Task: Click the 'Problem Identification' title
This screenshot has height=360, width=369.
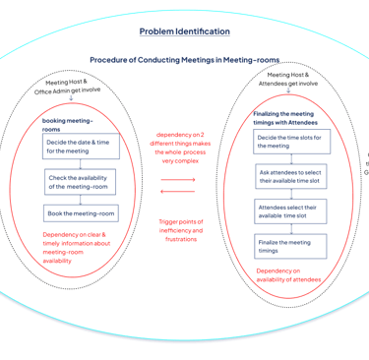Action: pyautogui.click(x=185, y=31)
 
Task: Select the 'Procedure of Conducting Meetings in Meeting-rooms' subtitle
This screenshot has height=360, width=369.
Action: pyautogui.click(x=185, y=60)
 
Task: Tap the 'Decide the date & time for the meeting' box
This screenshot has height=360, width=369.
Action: pyautogui.click(x=81, y=147)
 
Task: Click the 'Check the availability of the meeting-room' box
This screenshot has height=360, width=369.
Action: pyautogui.click(x=81, y=182)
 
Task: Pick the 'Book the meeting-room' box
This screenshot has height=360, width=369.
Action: pyautogui.click(x=81, y=213)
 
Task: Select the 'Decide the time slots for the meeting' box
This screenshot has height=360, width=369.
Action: pyautogui.click(x=291, y=142)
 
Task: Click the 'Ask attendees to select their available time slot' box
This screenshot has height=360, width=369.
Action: pyautogui.click(x=291, y=176)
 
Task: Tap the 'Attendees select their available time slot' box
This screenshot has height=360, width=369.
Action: pyautogui.click(x=290, y=211)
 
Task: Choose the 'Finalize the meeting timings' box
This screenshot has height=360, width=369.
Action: pyautogui.click(x=290, y=246)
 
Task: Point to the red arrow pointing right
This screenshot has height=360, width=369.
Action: pyautogui.click(x=178, y=180)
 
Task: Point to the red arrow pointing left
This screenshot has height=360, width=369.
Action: pyautogui.click(x=177, y=191)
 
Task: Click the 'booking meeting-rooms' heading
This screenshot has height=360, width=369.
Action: pyautogui.click(x=68, y=125)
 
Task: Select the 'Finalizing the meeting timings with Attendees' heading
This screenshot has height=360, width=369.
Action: pyautogui.click(x=285, y=118)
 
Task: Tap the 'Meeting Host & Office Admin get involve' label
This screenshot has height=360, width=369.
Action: pyautogui.click(x=67, y=87)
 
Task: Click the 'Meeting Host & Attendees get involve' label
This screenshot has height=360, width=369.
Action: pyautogui.click(x=288, y=79)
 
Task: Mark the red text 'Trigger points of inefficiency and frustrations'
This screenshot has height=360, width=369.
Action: pyautogui.click(x=181, y=230)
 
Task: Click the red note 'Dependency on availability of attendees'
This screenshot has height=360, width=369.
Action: pyautogui.click(x=288, y=275)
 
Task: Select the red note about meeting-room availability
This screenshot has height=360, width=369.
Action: pyautogui.click(x=77, y=248)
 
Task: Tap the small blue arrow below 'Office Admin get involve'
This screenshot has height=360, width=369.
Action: pyautogui.click(x=71, y=97)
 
